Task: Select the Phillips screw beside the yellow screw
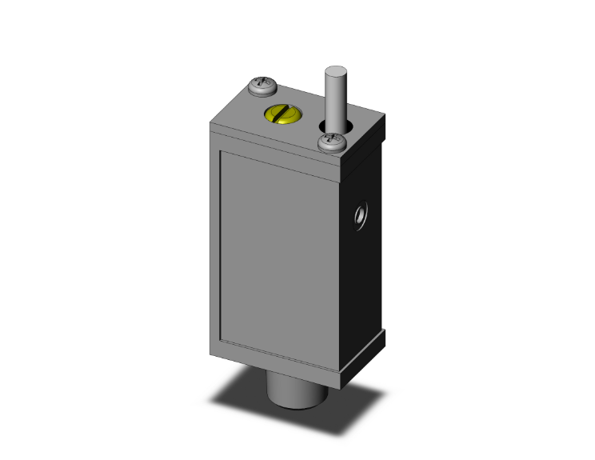[262, 85]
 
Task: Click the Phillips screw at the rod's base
[331, 143]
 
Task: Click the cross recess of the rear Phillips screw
[262, 82]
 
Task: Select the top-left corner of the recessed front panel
[222, 152]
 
